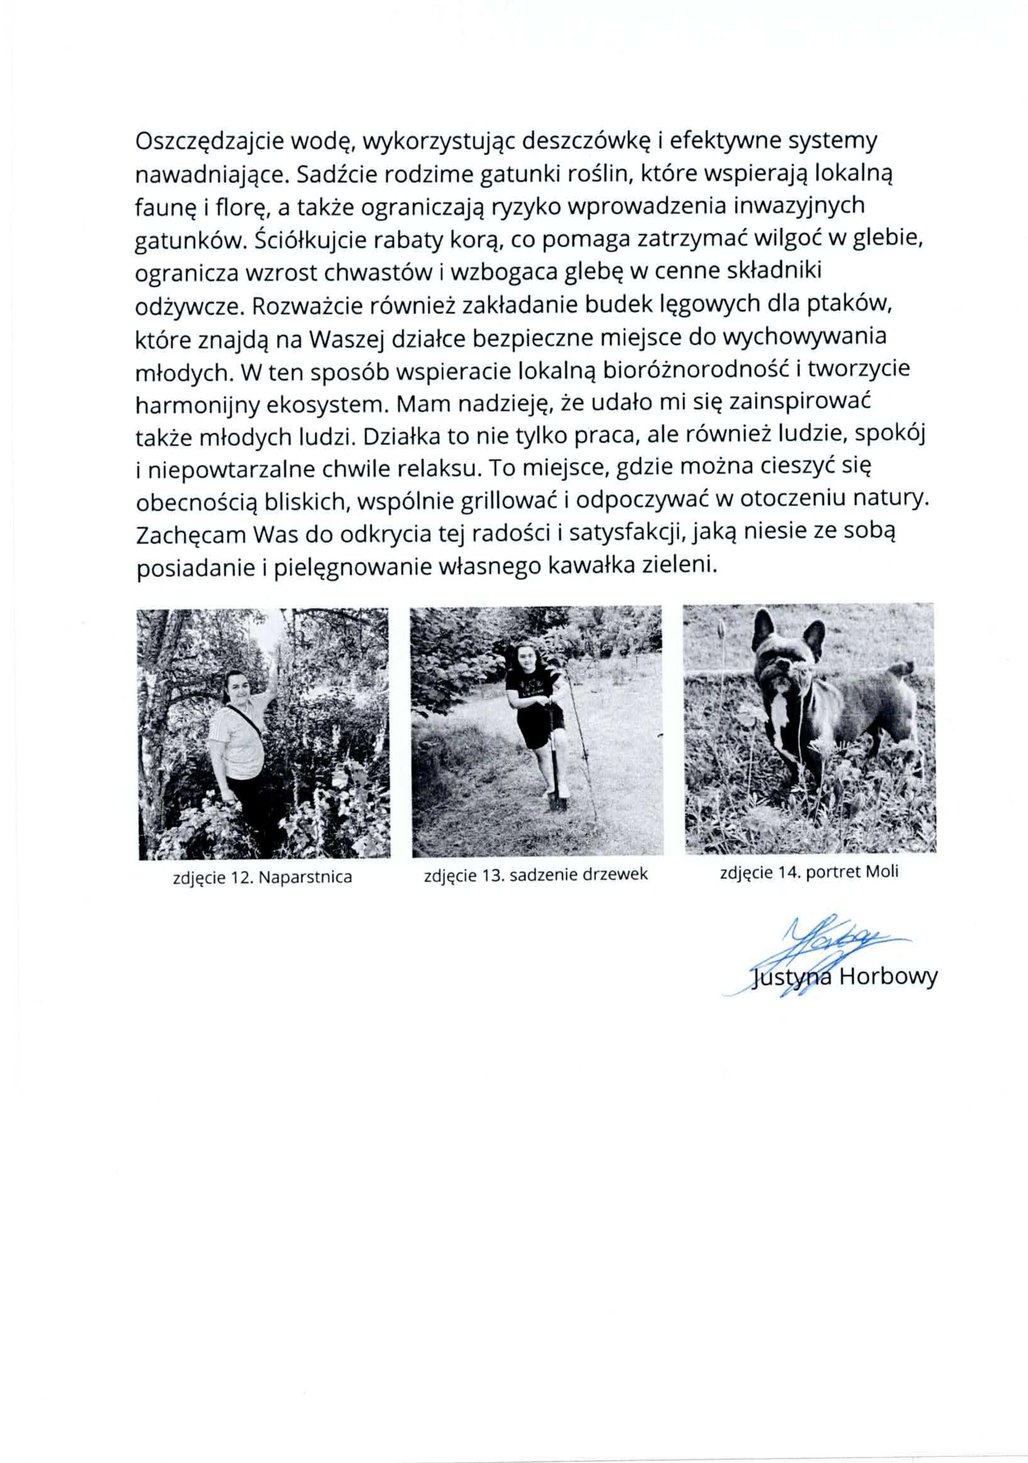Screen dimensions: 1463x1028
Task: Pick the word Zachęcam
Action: [191, 534]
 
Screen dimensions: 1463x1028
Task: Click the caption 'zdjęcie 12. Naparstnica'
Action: [262, 877]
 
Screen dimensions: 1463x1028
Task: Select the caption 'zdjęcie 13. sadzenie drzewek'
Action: [535, 875]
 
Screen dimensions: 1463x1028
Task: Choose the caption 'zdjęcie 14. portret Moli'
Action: [809, 872]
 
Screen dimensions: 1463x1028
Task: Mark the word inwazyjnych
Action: [800, 207]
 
